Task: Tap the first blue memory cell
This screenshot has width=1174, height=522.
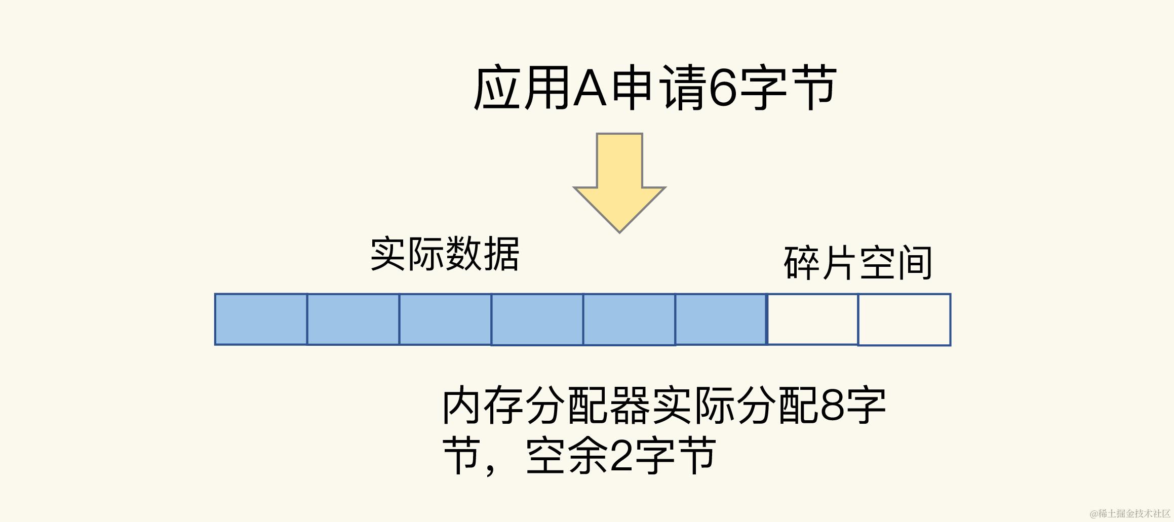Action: click(261, 319)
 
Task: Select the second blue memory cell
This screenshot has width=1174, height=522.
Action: click(353, 319)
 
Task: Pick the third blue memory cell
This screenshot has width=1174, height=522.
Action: click(445, 319)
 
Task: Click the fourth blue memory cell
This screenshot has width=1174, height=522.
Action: click(537, 319)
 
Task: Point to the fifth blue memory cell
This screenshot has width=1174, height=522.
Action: click(629, 319)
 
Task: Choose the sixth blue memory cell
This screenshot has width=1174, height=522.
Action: click(721, 319)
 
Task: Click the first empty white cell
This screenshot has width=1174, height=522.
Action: click(812, 319)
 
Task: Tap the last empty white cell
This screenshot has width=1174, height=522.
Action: click(904, 319)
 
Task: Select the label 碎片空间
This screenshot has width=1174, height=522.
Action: click(857, 263)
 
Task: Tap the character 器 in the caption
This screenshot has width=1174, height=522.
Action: click(631, 407)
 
